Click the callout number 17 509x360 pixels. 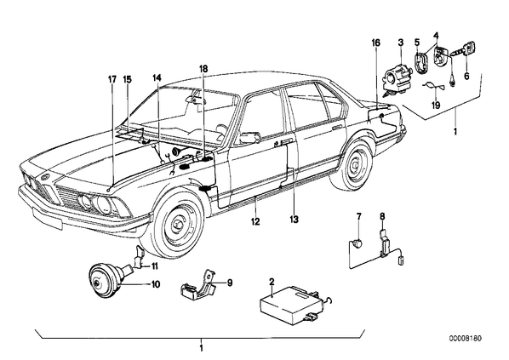tap(112, 79)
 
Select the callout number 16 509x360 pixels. tap(376, 43)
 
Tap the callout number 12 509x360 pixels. tap(255, 222)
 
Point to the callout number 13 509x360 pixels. tap(295, 220)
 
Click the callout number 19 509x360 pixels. tap(436, 106)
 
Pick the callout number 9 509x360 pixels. tap(230, 283)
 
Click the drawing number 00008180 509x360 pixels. tap(466, 339)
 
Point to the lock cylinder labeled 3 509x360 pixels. tap(397, 79)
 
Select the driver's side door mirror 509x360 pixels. tap(250, 137)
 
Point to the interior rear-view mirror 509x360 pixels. tap(194, 96)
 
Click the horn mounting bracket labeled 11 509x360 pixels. tap(140, 258)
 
